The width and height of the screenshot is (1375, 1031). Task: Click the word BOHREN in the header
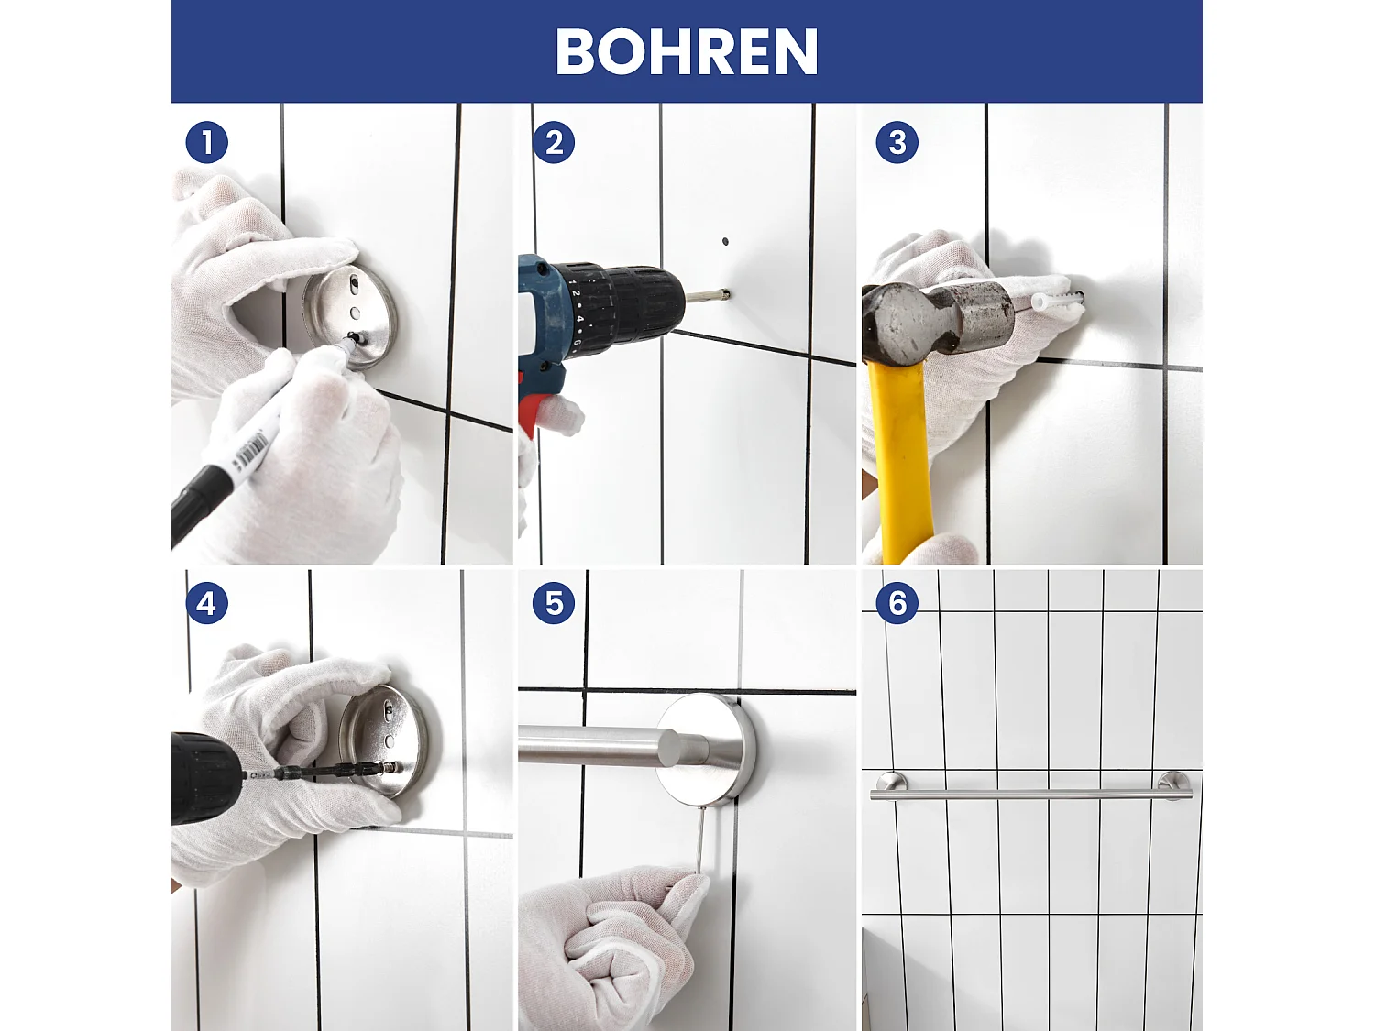tap(686, 52)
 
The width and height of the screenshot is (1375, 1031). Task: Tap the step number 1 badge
tap(206, 143)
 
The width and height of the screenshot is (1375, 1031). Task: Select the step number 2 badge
tap(554, 143)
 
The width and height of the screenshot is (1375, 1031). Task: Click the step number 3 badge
tap(896, 143)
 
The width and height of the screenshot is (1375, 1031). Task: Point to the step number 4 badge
tap(206, 603)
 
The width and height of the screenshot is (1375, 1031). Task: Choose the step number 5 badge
tap(554, 603)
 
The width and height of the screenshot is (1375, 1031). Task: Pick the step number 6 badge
tap(896, 603)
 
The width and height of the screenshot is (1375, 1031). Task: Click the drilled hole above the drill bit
tap(725, 242)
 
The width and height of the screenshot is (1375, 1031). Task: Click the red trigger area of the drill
tap(532, 412)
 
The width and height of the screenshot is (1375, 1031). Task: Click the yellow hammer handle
tap(903, 458)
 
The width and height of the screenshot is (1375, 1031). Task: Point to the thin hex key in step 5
tap(699, 843)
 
